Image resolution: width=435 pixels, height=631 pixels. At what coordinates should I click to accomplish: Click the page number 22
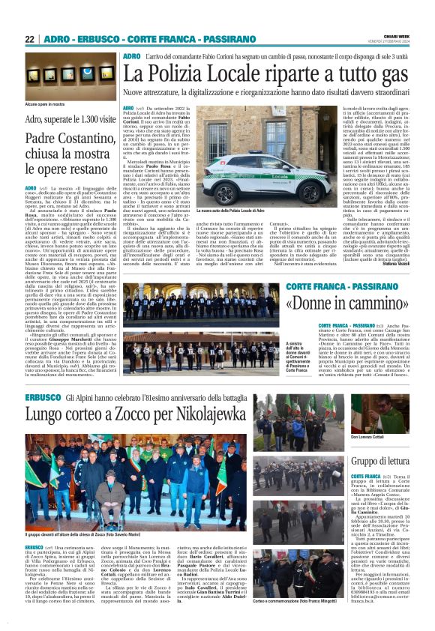pyautogui.click(x=29, y=39)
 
